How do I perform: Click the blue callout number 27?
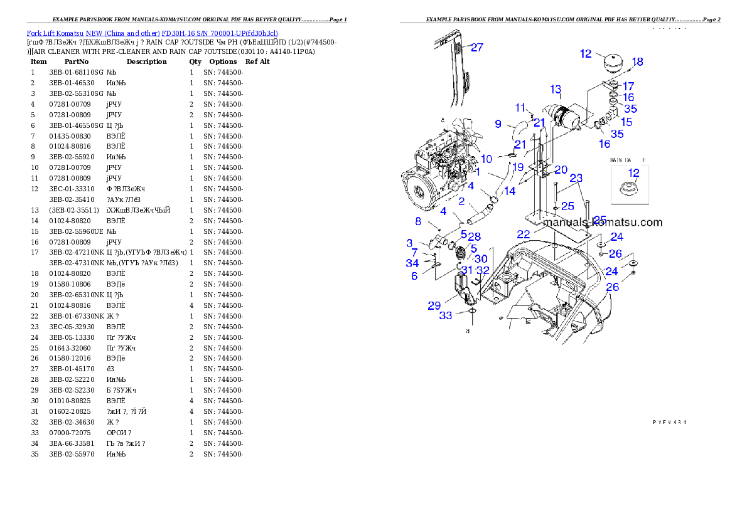coord(477,47)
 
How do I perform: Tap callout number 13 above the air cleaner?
coord(556,89)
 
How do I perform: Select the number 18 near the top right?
coord(637,62)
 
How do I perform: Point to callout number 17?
coord(628,86)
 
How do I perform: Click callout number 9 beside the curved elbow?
coord(498,124)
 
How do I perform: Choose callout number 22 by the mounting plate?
coord(524,234)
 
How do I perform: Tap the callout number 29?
coord(434,305)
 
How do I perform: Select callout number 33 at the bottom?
coord(445,315)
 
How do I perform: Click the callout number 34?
coord(412,263)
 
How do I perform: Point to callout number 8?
coord(418,221)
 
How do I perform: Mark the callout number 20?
coord(561,170)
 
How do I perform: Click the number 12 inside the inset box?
coord(634,172)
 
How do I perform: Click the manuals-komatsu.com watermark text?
coord(602,222)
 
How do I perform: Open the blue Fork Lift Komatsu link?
coord(152,33)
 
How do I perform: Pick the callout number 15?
coord(626,122)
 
